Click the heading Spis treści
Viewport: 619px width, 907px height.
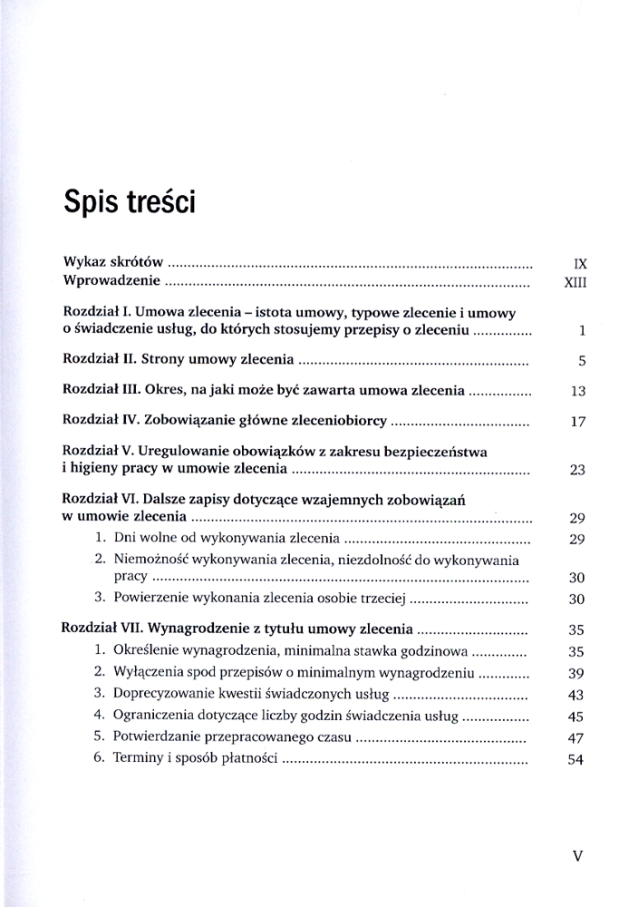pyautogui.click(x=129, y=200)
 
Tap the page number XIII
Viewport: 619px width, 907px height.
pyautogui.click(x=575, y=283)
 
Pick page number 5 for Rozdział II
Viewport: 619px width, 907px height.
pyautogui.click(x=583, y=361)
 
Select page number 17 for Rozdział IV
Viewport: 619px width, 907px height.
pyautogui.click(x=579, y=422)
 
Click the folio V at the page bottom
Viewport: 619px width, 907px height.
pyautogui.click(x=578, y=855)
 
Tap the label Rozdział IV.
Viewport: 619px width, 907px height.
pyautogui.click(x=99, y=421)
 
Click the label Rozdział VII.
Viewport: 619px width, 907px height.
pyautogui.click(x=102, y=628)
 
